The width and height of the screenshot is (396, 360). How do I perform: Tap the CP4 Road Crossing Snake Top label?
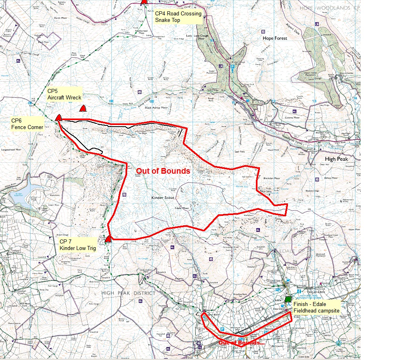(x=178, y=17)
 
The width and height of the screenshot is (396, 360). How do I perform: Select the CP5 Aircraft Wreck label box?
(x=64, y=94)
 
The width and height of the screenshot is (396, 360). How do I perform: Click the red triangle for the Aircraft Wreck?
(x=83, y=109)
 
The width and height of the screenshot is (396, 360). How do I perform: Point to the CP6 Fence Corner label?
(x=27, y=124)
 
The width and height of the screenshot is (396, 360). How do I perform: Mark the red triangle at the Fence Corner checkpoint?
(x=58, y=118)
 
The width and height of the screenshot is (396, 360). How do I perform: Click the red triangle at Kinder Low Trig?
(x=108, y=239)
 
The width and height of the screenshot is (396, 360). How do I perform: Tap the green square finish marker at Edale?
(x=288, y=299)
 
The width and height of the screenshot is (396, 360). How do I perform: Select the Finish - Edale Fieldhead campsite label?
(x=316, y=307)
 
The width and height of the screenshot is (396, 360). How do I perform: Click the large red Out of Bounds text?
(x=163, y=171)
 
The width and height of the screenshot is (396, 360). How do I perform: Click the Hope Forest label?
(x=275, y=38)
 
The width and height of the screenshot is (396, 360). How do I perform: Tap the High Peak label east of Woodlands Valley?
(x=336, y=159)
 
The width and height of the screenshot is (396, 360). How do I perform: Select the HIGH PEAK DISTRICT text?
(x=128, y=293)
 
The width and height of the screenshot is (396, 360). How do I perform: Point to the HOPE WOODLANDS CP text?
(x=329, y=8)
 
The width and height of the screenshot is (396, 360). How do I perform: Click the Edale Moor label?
(x=182, y=208)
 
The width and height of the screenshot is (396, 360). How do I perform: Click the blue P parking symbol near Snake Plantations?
(x=232, y=67)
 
